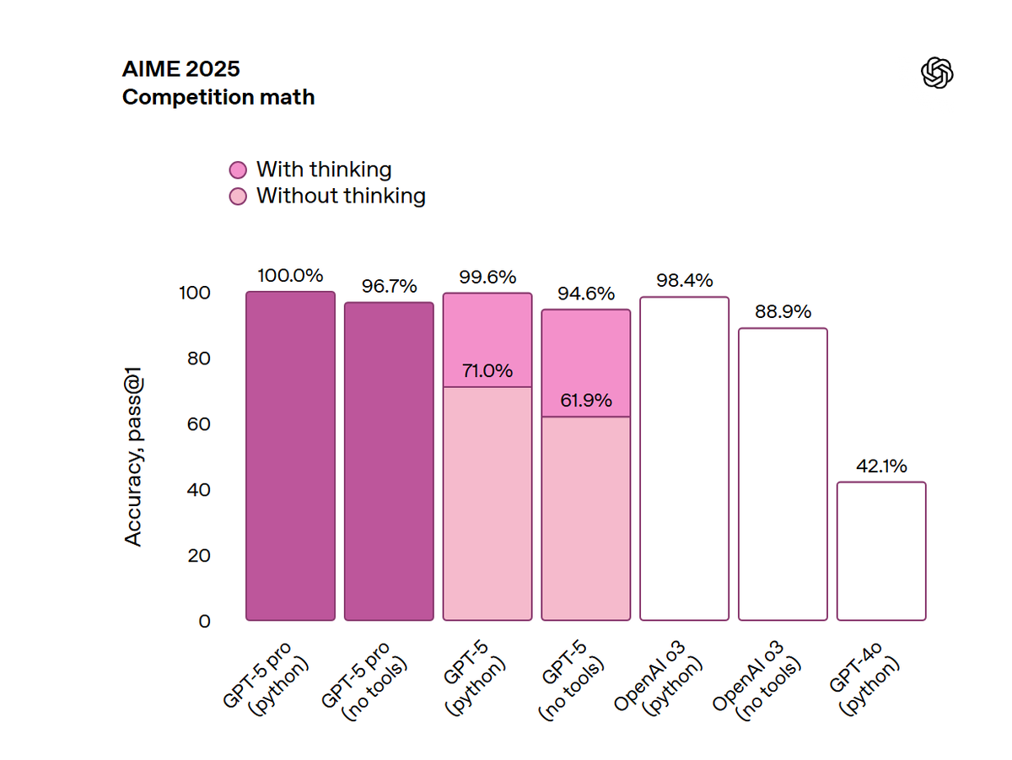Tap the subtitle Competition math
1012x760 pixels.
point(218,97)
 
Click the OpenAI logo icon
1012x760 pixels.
point(937,73)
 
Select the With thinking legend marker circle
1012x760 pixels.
point(239,170)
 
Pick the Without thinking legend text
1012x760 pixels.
point(341,196)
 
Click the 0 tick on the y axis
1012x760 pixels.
point(205,621)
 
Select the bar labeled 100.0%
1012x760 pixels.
point(290,455)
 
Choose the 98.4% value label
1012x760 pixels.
point(684,280)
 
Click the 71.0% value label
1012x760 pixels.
point(487,371)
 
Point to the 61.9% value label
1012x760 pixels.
point(585,401)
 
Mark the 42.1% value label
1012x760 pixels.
point(881,466)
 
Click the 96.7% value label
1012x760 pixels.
point(389,286)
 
